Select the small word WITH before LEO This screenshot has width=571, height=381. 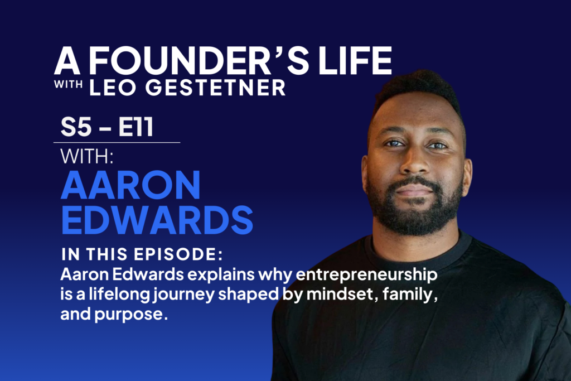click(69, 84)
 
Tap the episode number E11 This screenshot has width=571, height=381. click(136, 127)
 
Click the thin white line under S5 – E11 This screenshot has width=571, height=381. click(117, 142)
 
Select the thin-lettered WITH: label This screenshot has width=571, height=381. click(87, 157)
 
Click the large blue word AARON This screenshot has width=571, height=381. click(130, 185)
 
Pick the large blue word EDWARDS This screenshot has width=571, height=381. click(157, 220)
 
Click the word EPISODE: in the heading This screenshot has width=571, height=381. click(178, 254)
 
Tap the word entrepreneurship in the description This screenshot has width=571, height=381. click(367, 275)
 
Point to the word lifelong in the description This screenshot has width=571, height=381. click(119, 295)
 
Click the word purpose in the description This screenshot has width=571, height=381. click(131, 315)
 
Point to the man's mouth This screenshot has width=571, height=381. click(415, 190)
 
